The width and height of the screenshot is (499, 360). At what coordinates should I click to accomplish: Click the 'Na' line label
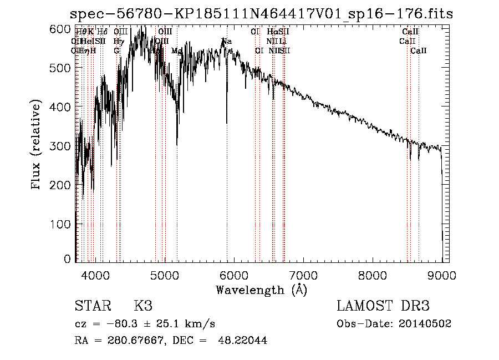[227, 42]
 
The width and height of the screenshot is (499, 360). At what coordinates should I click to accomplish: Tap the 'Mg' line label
[176, 50]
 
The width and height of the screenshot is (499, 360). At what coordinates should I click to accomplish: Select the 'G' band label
[116, 50]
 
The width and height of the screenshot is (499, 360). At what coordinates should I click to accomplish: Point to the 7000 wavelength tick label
[303, 275]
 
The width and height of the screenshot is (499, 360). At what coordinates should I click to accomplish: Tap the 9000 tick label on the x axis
[442, 275]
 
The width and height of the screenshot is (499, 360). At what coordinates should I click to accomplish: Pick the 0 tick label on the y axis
[68, 259]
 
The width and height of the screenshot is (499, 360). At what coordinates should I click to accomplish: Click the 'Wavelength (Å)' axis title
[261, 290]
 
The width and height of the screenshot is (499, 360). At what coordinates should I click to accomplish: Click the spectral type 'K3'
[143, 307]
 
